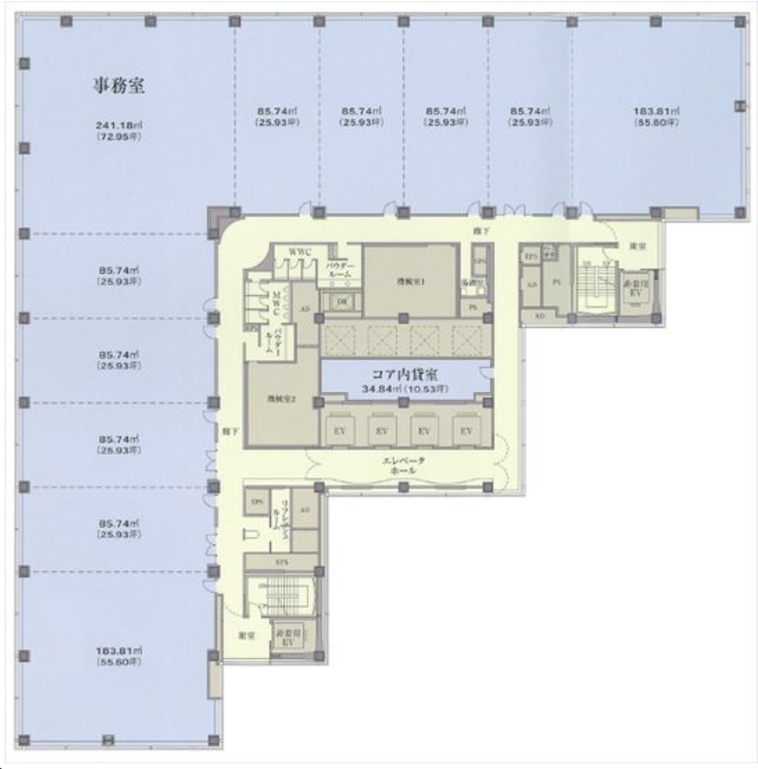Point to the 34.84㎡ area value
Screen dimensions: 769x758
click(x=405, y=390)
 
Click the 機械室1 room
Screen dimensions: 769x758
click(x=410, y=281)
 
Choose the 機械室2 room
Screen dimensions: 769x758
click(x=280, y=398)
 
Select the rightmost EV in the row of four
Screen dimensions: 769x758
click(x=466, y=431)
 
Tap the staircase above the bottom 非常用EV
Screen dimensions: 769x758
click(x=279, y=596)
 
